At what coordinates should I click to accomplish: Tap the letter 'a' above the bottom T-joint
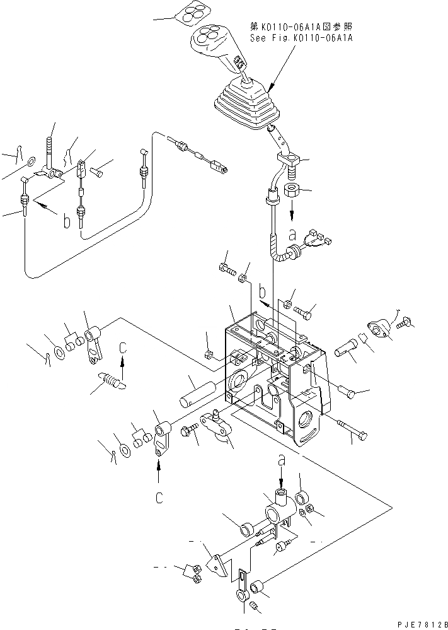tap(282, 462)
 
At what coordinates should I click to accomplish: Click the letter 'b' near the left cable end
tap(66, 224)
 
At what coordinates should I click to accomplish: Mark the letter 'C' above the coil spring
tap(123, 347)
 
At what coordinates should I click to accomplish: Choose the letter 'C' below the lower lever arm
tap(159, 498)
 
